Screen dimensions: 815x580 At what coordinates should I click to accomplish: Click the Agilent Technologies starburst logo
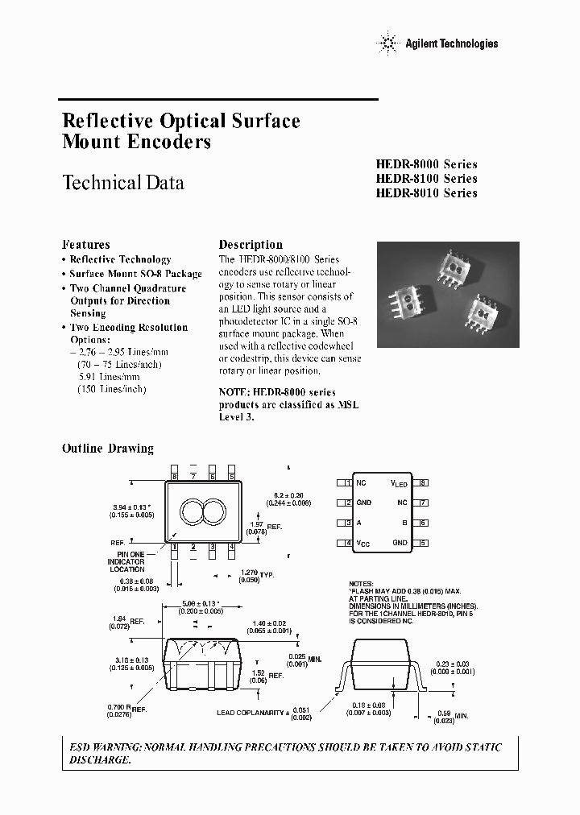pos(388,43)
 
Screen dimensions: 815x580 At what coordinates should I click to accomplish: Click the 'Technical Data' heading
pos(123,183)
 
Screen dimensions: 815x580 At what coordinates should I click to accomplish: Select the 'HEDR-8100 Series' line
pos(426,179)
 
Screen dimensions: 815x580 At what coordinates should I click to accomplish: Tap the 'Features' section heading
pos(86,245)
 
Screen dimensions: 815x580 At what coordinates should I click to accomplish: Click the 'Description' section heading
pos(251,245)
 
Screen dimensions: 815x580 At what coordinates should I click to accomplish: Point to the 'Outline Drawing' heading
pos(107,449)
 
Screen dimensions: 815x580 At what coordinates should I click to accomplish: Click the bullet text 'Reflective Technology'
pos(120,259)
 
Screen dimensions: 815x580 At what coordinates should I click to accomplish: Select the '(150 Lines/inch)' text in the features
pos(112,389)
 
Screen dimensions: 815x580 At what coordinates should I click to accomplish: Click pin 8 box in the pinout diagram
pos(423,482)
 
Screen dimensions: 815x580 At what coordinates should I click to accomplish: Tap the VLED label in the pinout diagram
pos(399,483)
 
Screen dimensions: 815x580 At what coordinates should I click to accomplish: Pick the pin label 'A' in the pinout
pos(359,523)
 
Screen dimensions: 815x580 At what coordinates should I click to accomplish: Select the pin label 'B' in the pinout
pos(404,523)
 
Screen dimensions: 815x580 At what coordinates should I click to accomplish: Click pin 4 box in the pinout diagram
pos(348,543)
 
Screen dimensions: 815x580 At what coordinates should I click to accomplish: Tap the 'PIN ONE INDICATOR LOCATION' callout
pos(126,562)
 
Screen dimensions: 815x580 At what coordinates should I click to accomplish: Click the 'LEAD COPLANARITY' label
pos(250,713)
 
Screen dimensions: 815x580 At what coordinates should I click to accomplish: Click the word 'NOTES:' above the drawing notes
pos(362,582)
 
